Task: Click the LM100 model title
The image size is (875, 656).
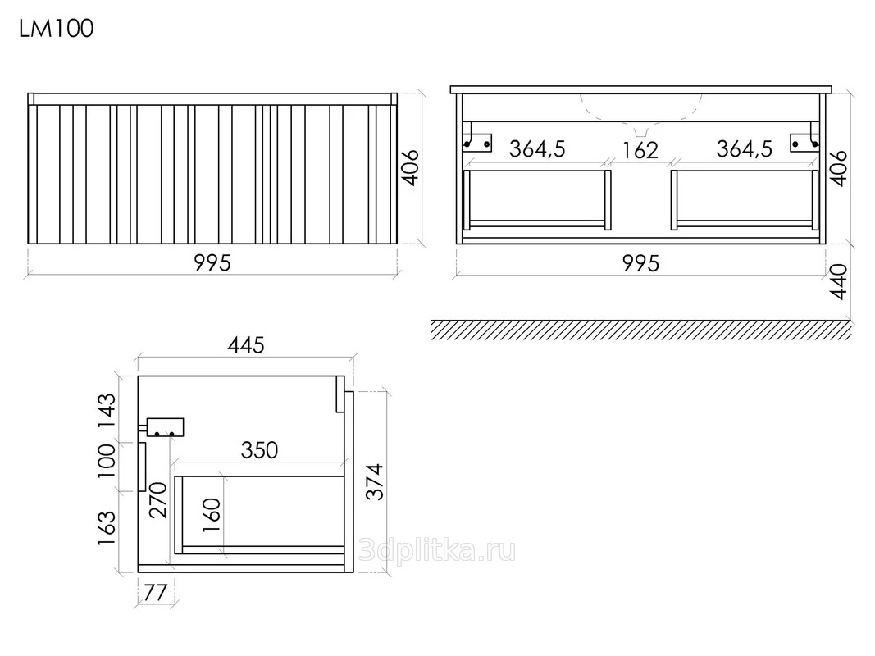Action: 57,29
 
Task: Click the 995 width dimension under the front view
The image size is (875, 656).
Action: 212,262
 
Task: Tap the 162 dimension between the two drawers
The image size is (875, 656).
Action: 640,150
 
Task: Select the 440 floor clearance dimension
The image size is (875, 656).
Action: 839,282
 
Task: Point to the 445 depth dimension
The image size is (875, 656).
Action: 246,345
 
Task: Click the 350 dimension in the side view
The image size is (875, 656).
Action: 259,450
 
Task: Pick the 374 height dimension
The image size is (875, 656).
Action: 375,481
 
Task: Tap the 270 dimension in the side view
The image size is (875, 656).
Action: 158,500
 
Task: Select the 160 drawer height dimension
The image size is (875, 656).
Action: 212,515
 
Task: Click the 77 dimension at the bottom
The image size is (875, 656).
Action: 156,592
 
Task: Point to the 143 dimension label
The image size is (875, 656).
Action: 107,411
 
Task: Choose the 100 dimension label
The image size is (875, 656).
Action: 107,461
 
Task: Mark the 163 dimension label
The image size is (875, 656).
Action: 107,528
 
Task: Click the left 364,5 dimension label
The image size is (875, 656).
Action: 537,149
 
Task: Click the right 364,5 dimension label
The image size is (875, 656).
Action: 745,149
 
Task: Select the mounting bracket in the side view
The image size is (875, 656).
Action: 164,427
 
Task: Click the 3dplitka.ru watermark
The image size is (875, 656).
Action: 437,551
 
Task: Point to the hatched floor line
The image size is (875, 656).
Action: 641,330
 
